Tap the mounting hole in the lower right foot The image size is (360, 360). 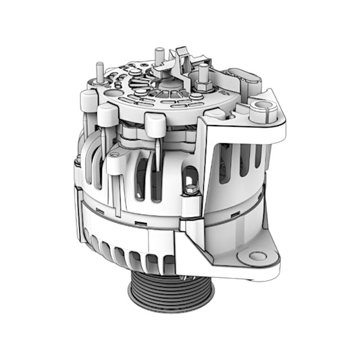[258, 256]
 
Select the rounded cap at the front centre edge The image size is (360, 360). [155, 125]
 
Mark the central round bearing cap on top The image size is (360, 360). [167, 84]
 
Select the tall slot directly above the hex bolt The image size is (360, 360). [190, 172]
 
